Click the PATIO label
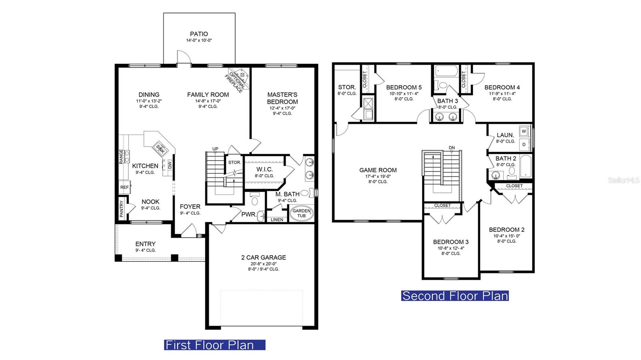(199, 34)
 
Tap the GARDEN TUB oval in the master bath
(302, 213)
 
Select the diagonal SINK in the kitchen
(160, 148)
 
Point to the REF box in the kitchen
(125, 187)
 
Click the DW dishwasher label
(170, 165)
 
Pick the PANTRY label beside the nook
(121, 209)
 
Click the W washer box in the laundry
(524, 131)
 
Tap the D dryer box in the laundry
(524, 145)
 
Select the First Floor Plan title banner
(215, 345)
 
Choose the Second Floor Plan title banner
(455, 296)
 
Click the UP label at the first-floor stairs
(215, 149)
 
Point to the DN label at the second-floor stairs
(452, 148)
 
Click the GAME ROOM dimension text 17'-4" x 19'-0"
(378, 177)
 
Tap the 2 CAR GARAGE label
(264, 257)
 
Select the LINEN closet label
(277, 219)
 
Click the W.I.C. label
(264, 169)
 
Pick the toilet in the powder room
(254, 199)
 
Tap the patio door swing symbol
(184, 57)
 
